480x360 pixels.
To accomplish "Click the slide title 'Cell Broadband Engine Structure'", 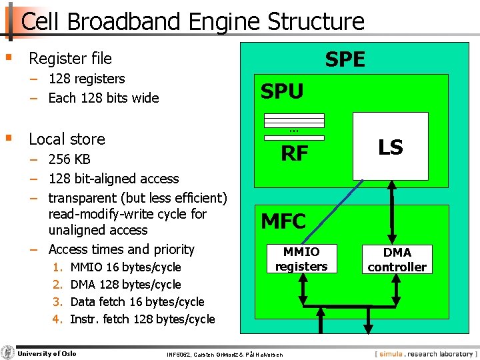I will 193,21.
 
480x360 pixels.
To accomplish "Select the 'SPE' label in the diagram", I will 345,59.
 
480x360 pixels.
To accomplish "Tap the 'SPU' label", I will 282,91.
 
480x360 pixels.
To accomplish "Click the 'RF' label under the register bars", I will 294,154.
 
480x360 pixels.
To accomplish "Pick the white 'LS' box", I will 390,147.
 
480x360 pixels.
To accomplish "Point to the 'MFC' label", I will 283,221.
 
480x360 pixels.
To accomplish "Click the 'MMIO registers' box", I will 301,259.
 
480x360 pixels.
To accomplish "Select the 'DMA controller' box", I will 397,259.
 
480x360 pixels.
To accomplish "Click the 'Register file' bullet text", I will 70,59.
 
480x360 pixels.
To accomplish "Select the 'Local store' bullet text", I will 67,139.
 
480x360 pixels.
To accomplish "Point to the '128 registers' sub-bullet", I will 86,79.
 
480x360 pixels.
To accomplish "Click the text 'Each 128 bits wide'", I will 103,98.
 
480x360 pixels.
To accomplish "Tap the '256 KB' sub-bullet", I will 69,159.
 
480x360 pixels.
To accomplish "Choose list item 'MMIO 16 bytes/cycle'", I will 125,267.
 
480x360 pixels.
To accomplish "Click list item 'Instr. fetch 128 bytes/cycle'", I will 142,319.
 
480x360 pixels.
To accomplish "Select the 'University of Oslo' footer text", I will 47,353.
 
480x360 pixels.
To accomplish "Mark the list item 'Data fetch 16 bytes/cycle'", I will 137,302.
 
